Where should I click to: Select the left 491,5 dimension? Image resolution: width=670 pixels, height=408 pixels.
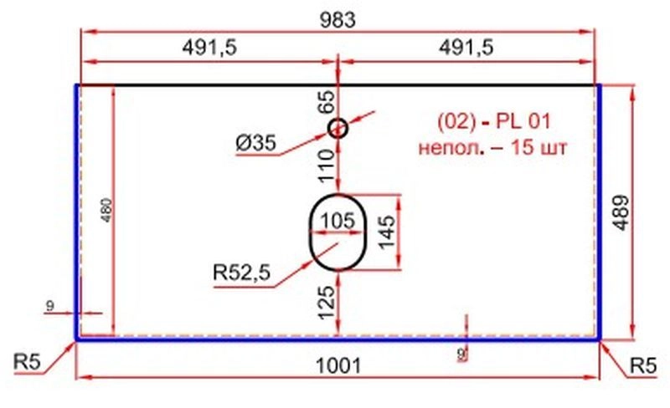point(210,49)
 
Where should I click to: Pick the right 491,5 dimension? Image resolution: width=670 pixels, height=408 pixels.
point(464,49)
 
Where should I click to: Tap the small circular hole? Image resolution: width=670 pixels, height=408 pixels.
point(337,128)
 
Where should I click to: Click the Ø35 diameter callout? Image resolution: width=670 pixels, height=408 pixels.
point(255,144)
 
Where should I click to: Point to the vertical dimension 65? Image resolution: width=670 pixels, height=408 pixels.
point(326,102)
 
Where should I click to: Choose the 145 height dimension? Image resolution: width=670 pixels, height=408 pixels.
point(386,231)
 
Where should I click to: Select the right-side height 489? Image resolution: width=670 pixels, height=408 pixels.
point(642,214)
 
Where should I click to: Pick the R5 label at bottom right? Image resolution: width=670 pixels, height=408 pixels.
point(644,364)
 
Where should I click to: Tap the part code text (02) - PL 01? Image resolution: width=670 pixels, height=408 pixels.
point(494,122)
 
